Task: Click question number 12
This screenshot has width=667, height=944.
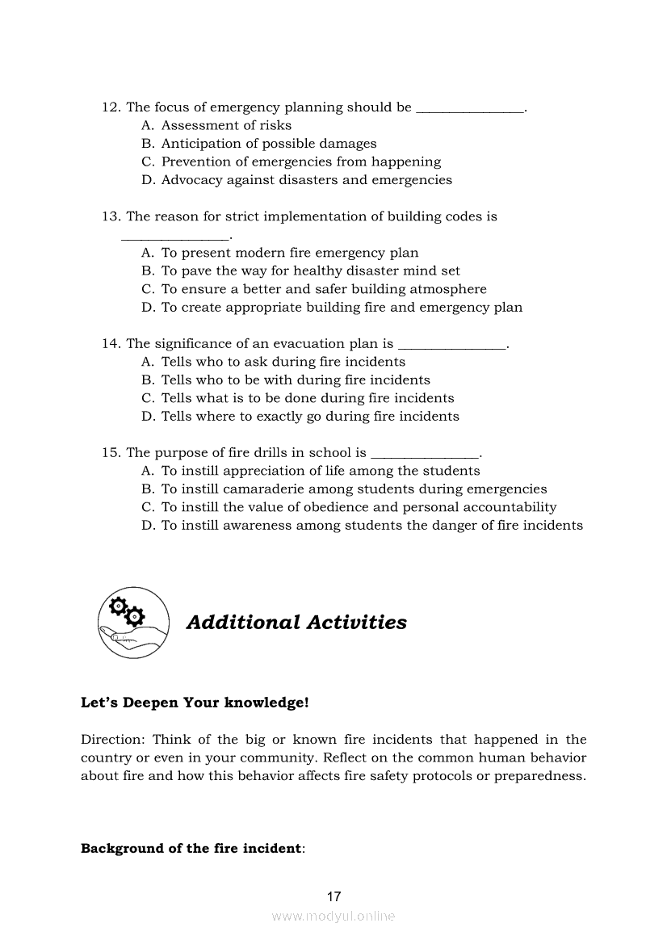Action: pos(111,107)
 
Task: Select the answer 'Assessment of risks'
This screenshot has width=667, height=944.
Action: pos(226,125)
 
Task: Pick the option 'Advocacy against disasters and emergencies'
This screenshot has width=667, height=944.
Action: pos(306,180)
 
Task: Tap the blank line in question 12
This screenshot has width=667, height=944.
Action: pos(469,110)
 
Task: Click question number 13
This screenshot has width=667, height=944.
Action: pos(111,216)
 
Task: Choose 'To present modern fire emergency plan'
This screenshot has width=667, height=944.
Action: pos(289,253)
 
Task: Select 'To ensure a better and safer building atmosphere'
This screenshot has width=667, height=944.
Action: pos(324,289)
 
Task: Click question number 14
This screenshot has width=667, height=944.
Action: pos(111,344)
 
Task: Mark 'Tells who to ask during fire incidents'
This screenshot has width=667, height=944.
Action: pos(283,362)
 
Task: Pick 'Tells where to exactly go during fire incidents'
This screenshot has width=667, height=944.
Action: pos(309,417)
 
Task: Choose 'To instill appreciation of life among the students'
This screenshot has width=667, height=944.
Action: pos(320,471)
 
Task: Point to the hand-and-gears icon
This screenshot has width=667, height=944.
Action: pos(133,623)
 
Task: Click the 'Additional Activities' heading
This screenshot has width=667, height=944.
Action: pos(296,623)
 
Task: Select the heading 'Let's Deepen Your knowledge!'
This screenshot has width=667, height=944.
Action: pos(195,703)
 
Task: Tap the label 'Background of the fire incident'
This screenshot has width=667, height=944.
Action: pos(191,849)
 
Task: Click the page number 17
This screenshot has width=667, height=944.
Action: pos(333,896)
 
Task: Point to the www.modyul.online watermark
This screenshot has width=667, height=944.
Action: pos(333,917)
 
